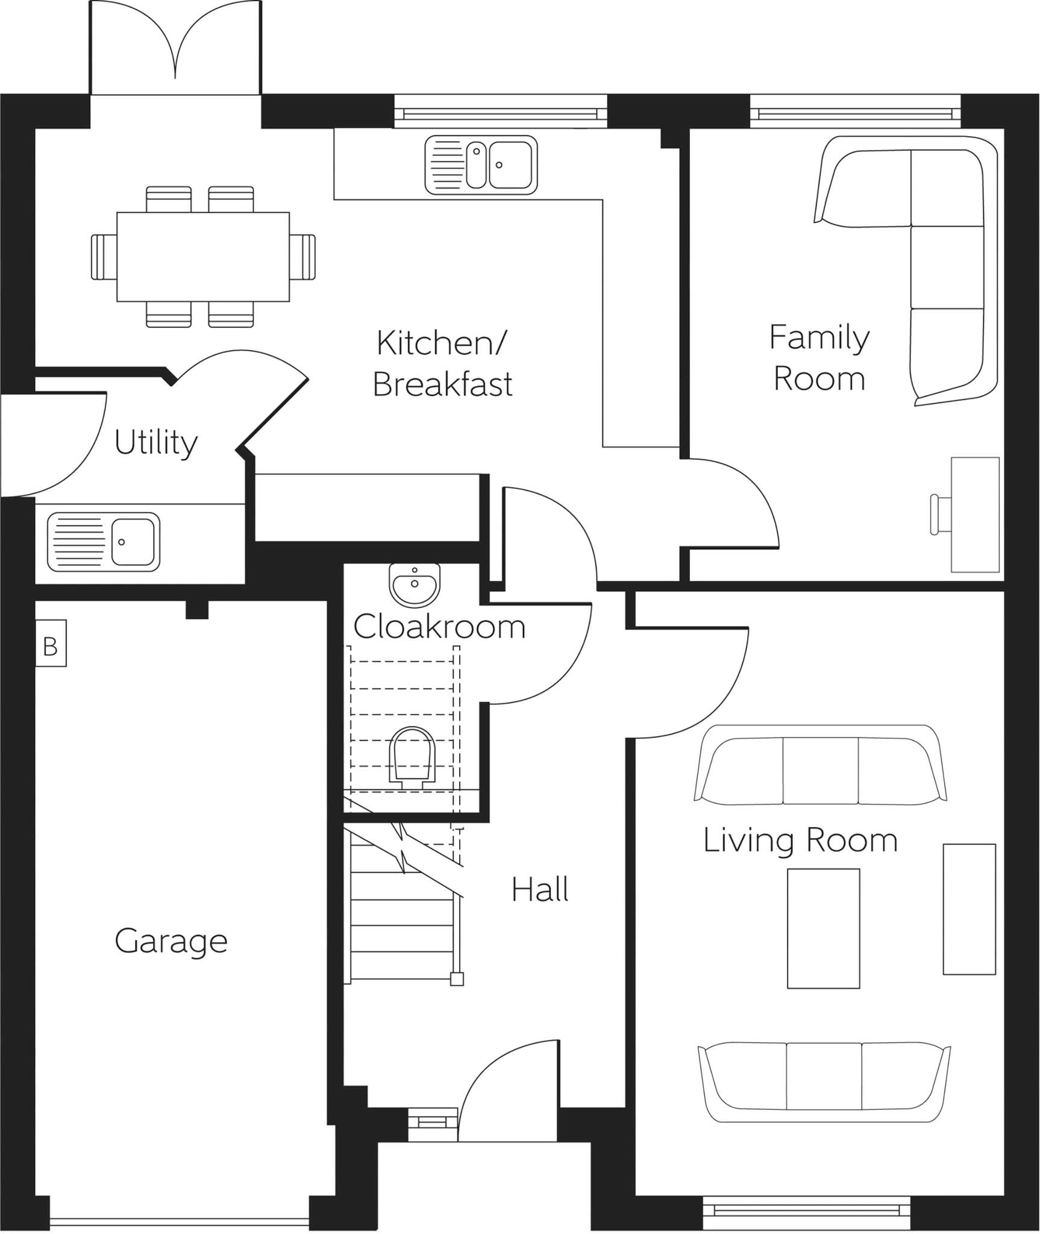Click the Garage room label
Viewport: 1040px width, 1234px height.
pos(171,942)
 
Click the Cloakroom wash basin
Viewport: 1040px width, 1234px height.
pos(415,584)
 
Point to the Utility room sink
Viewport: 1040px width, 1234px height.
pos(104,542)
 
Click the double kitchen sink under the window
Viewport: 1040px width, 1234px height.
pos(481,165)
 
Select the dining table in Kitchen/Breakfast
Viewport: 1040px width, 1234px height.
pos(203,257)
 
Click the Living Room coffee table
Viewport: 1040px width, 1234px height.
pos(823,928)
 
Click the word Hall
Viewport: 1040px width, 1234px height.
pos(540,890)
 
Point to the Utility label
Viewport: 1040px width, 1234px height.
pos(156,443)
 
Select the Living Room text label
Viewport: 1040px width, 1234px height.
pos(800,841)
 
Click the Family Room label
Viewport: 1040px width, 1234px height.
pos(819,358)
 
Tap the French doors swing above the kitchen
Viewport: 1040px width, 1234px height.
pos(175,42)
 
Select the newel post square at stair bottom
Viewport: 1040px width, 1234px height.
pos(457,980)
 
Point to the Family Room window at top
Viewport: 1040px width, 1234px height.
pos(856,113)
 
